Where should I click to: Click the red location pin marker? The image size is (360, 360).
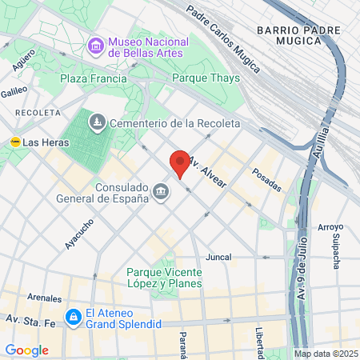(180, 163)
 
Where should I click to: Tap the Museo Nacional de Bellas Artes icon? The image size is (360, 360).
(97, 46)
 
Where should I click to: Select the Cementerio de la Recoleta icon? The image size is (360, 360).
(97, 122)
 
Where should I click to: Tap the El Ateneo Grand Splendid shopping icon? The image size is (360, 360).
(73, 318)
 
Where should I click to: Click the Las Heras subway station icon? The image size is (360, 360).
(14, 142)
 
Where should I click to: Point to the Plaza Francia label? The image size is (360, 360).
(93, 79)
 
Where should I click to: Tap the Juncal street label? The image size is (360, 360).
(218, 257)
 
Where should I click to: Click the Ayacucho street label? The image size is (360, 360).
(79, 234)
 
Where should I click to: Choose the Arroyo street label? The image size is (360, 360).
(330, 227)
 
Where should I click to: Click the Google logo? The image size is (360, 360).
(26, 350)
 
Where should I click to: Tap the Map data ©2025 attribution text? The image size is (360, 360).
(325, 354)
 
